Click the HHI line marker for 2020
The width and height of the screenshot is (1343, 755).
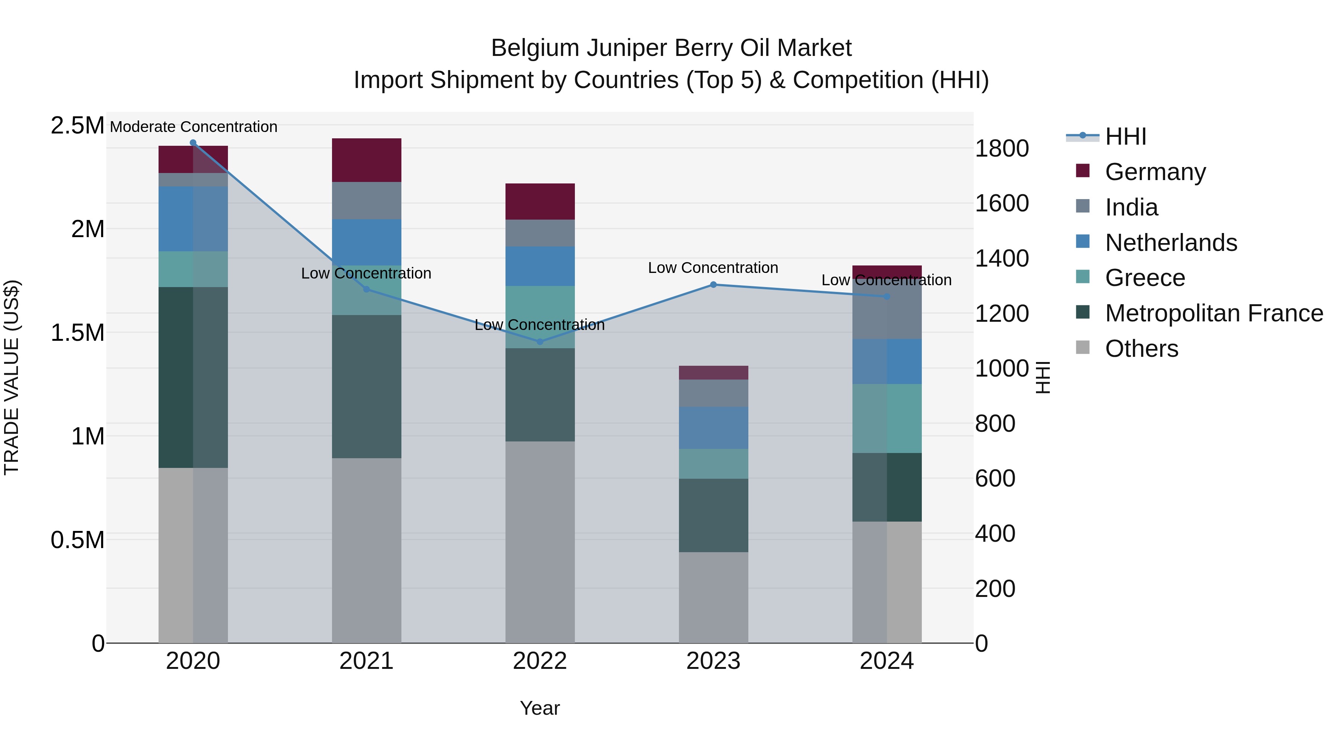point(193,143)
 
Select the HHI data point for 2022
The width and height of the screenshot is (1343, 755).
point(539,342)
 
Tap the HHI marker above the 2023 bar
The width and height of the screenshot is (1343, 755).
point(713,284)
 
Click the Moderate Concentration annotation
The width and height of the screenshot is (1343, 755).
point(193,127)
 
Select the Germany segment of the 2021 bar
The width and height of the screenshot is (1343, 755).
point(366,160)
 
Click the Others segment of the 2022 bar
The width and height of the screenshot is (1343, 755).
point(539,542)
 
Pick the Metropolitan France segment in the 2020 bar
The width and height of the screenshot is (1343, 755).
point(193,377)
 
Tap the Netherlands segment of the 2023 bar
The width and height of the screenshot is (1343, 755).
point(713,428)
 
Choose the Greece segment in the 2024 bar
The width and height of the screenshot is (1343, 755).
point(887,418)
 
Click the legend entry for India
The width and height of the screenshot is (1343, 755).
point(1131,207)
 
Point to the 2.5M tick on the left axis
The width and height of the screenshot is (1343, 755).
point(77,126)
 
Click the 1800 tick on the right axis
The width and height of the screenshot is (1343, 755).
point(1002,148)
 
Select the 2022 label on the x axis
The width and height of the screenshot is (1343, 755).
point(539,661)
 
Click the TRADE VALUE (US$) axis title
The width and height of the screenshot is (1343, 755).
point(12,377)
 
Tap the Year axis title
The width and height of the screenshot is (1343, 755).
point(539,708)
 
